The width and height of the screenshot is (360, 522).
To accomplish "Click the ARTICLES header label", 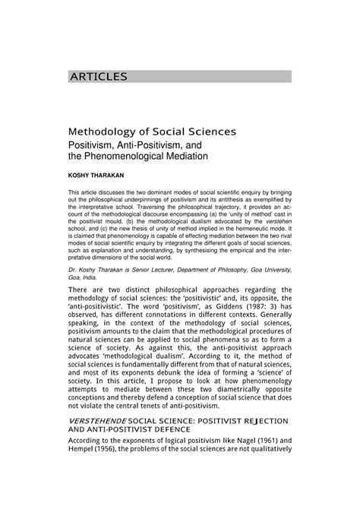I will point(99,76).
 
